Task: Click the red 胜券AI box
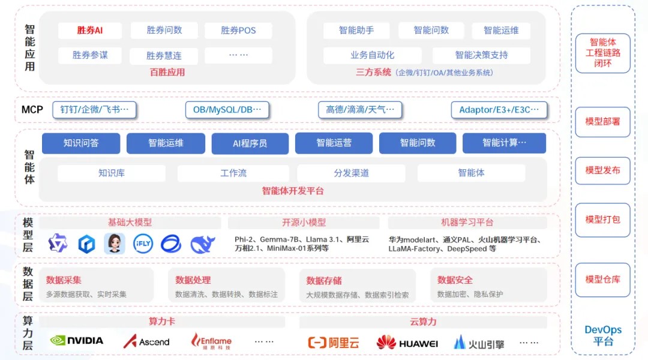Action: tap(90, 30)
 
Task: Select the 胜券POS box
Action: tap(238, 30)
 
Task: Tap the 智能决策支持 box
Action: tap(481, 55)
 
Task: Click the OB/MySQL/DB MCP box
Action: tap(227, 110)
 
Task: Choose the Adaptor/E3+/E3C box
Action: tap(499, 110)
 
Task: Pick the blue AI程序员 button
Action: tap(250, 143)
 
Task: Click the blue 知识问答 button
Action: tap(81, 143)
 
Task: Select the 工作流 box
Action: tap(233, 173)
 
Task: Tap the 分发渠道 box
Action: tap(351, 173)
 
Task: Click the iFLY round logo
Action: tap(143, 244)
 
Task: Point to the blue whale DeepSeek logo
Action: tap(203, 244)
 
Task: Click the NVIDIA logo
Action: tap(77, 341)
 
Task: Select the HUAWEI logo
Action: tap(407, 343)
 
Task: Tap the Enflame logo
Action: tap(211, 341)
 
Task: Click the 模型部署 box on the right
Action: tap(602, 122)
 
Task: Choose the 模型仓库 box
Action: tap(602, 280)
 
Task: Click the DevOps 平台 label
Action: tap(603, 335)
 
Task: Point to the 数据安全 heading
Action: tap(455, 280)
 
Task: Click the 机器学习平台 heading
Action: tap(467, 223)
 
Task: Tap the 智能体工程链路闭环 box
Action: tap(602, 53)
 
